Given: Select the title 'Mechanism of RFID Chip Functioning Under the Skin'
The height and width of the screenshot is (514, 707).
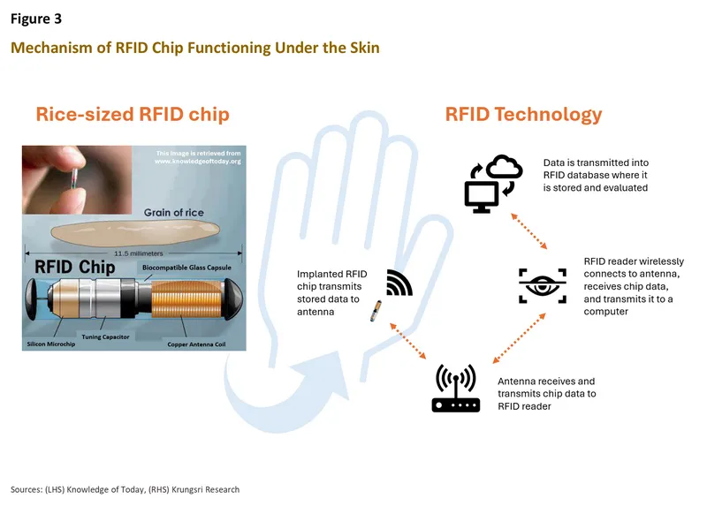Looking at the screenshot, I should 194,47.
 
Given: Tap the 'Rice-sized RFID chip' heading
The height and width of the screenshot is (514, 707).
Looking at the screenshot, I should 133,115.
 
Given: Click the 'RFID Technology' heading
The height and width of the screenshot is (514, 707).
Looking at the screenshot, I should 523,114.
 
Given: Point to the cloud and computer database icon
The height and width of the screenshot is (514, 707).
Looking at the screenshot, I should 493,184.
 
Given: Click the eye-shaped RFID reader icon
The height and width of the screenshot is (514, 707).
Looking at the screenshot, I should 542,285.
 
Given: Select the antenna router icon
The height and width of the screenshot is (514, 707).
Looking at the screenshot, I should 455,389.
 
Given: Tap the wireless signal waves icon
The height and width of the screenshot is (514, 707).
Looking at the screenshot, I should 399,283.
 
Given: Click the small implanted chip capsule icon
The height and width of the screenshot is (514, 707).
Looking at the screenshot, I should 376,311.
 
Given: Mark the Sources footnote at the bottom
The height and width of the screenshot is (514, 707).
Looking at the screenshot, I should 125,489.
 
